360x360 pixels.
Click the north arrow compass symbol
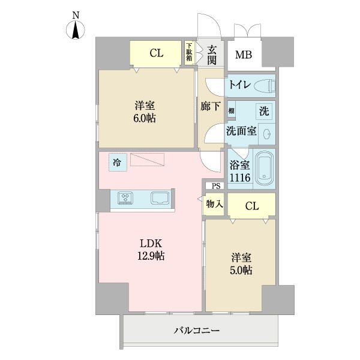point(76,30)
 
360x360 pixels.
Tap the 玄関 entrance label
point(212,55)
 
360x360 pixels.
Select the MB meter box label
point(244,55)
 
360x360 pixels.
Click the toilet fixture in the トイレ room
point(265,85)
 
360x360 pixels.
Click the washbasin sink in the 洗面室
point(267,134)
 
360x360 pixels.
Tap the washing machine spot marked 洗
point(264,111)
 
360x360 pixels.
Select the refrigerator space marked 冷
point(118,163)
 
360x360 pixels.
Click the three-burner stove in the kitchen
point(125,198)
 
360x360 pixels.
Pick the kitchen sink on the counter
point(160,198)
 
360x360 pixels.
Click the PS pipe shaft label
point(216,186)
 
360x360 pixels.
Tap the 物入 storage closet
point(214,204)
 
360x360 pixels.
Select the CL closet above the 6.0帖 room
point(155,54)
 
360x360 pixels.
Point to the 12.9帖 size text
point(151,256)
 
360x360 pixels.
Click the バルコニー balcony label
point(197,331)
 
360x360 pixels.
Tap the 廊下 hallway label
point(211,107)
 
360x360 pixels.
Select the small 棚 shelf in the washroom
point(231,110)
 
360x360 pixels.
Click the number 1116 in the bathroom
point(240,178)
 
